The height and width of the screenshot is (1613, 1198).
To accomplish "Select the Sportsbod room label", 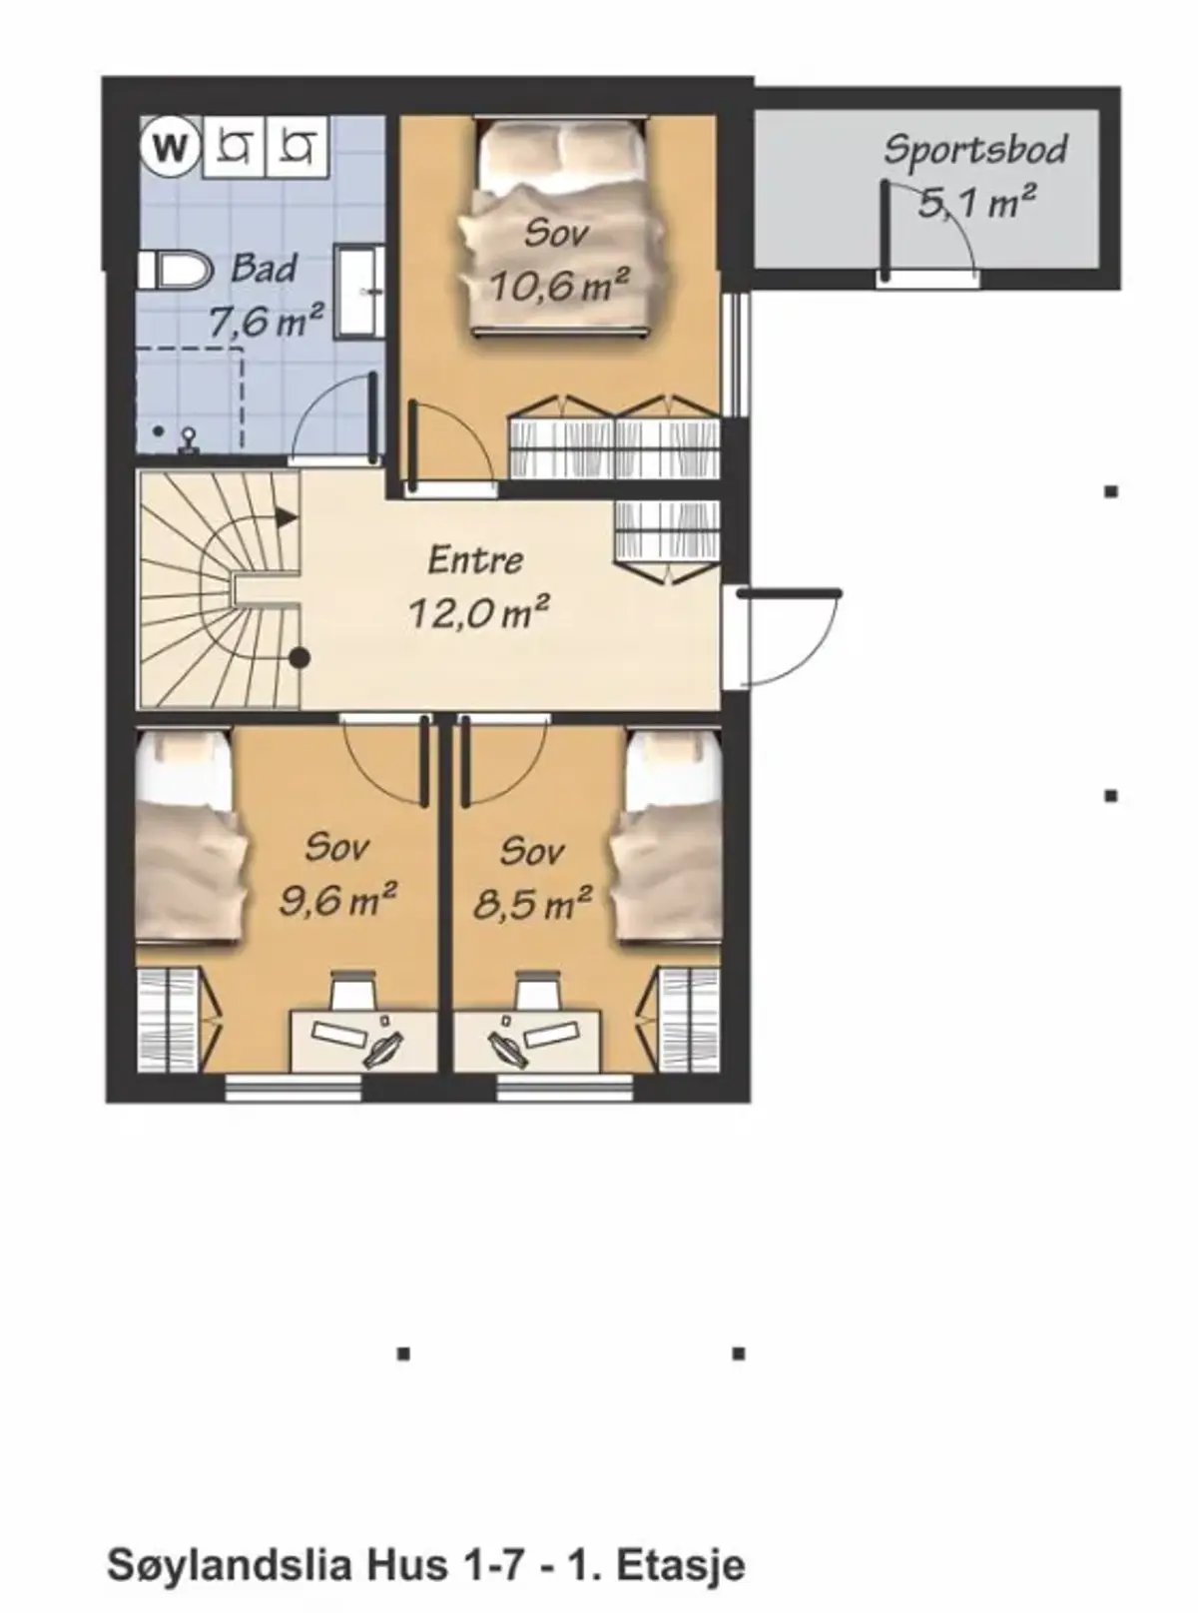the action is coord(974,149).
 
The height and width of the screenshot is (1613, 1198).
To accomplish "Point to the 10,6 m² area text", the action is coord(558,285).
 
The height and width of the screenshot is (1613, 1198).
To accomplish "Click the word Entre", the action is coord(475,560).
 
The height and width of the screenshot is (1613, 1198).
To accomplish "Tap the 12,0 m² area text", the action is coord(477,612).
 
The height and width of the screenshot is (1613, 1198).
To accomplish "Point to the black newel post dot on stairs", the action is coord(299,659).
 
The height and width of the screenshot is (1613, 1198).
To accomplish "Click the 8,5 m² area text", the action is coord(532,904).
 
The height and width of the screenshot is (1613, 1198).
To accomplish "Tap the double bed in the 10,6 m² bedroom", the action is coord(559,229).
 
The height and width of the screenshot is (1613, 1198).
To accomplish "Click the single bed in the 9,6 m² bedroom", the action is coord(192,837).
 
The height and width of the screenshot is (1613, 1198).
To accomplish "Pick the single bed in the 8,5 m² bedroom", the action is coord(666,837).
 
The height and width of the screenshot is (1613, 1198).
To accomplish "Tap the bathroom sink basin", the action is coord(359,292).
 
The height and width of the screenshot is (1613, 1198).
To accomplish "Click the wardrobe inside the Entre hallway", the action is coord(668,541).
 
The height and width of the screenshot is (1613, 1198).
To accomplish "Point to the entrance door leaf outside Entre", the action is coord(790,593).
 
